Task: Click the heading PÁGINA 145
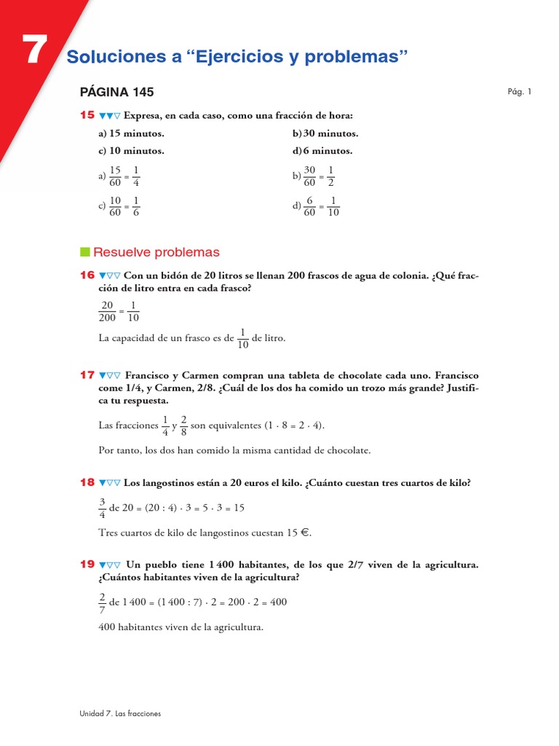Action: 116,92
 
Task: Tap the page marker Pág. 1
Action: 520,92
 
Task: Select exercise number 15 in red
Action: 87,115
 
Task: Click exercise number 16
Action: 87,275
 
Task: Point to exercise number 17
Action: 87,374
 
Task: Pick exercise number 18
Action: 87,482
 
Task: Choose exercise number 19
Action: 87,565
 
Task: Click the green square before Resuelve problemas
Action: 84,252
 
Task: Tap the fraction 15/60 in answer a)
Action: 114,176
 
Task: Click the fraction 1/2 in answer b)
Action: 330,176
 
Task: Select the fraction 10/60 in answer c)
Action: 114,206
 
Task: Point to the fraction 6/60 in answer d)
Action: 309,206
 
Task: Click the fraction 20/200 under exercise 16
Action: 108,311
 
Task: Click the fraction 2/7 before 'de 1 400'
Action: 101,603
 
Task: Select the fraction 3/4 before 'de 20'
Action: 101,508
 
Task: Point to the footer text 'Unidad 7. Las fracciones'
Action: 120,713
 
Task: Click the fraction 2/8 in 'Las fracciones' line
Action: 183,425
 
